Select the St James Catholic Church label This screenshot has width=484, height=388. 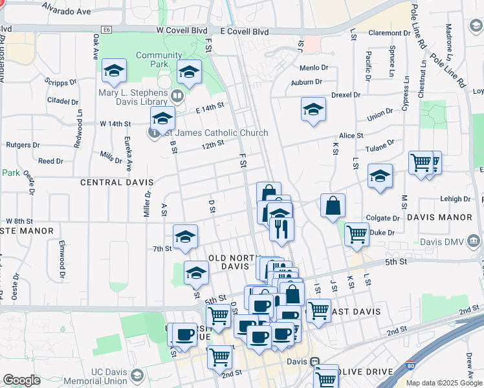point(217,133)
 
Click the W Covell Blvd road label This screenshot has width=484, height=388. point(181,30)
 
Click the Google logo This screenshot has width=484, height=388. point(21,380)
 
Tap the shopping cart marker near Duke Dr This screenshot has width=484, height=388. point(357,234)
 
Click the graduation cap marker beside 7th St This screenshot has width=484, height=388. point(185,237)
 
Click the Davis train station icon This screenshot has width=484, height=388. point(314,362)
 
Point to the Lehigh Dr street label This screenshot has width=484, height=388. point(457,199)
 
